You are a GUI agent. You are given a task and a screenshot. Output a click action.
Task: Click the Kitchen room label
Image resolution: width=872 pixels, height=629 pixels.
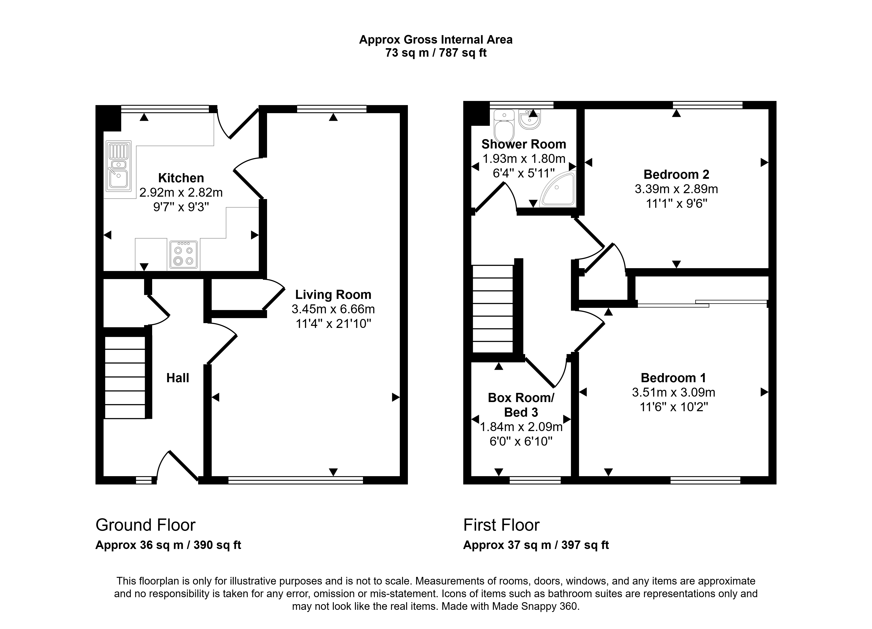point(181,178)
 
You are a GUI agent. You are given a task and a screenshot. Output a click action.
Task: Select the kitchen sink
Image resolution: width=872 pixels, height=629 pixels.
point(118,167)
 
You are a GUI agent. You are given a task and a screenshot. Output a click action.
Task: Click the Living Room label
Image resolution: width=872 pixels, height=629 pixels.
point(333,295)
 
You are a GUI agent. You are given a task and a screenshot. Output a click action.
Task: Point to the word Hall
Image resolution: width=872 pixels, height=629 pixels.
point(178,378)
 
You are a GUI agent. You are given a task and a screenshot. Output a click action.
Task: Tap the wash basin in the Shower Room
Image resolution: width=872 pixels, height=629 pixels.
point(530,119)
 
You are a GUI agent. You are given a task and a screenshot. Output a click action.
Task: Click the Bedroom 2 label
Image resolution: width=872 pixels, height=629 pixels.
point(676,175)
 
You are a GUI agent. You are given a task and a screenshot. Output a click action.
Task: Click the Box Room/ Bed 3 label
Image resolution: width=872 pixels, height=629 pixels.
point(521,405)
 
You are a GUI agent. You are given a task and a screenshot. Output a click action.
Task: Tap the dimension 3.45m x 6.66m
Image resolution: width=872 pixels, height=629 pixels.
point(333,309)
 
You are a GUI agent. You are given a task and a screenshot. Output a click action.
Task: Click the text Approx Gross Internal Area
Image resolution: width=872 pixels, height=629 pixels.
point(436,40)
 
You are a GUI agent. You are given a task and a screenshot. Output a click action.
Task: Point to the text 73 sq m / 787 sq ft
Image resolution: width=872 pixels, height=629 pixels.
point(436,53)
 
